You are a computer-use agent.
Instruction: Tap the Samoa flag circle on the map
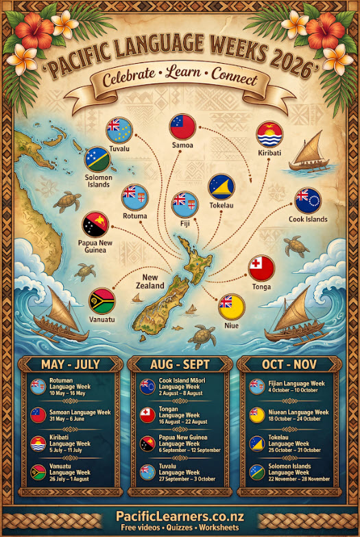click(x=183, y=127)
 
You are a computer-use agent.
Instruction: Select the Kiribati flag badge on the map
click(x=269, y=135)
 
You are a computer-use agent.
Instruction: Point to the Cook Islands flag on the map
click(x=307, y=201)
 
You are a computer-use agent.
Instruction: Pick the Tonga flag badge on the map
click(x=261, y=268)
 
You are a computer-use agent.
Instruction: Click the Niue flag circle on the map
click(x=231, y=306)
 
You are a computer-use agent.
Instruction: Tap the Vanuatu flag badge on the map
click(x=102, y=300)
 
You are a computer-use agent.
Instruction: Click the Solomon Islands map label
click(x=98, y=180)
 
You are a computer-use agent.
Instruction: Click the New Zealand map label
click(x=149, y=281)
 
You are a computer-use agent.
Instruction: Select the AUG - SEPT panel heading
click(x=179, y=364)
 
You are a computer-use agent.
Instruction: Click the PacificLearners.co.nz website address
click(x=180, y=516)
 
